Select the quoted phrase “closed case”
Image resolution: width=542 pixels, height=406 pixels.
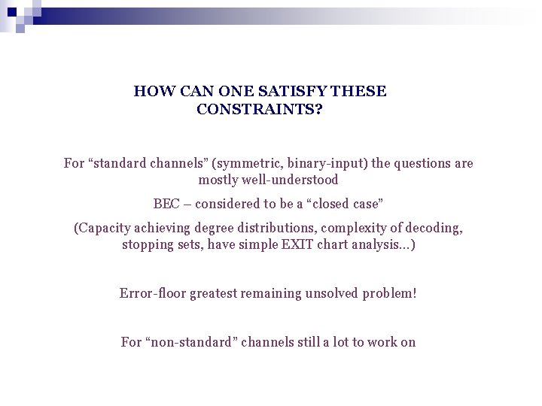(x=349, y=204)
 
